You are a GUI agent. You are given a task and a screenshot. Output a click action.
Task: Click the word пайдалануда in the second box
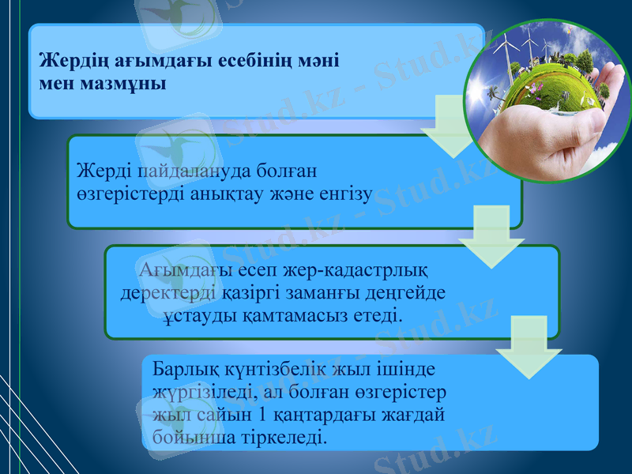[169, 171]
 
